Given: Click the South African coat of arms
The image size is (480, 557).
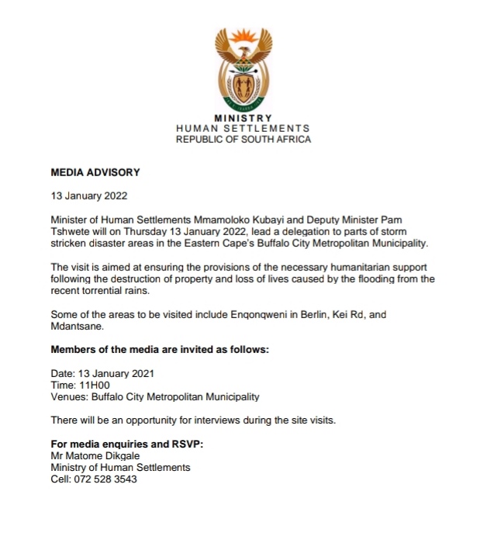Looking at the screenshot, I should point(243,68).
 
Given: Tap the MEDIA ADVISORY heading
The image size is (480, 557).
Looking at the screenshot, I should point(95,172).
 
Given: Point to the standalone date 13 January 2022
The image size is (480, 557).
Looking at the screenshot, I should point(89,196).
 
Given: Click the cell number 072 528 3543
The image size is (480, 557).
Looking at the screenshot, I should point(105,479).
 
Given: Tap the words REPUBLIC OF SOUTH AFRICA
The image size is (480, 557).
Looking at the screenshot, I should point(243,140).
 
